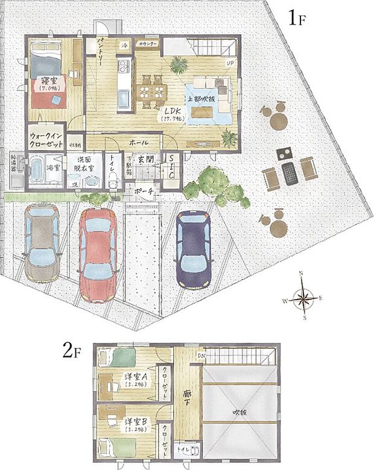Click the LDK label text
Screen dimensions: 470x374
[171, 112]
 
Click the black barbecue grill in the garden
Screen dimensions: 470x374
[290, 172]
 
